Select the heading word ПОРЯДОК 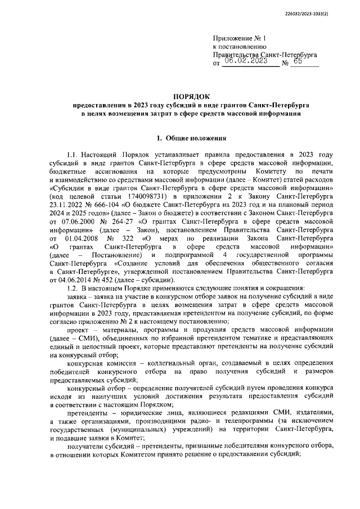[x=190, y=97]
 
